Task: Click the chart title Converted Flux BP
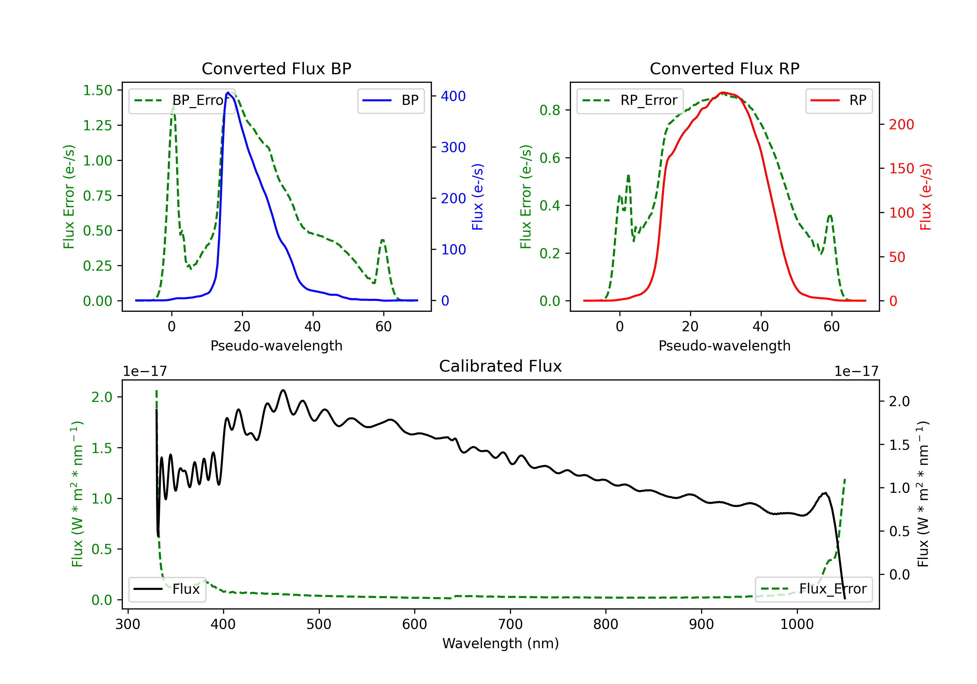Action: [276, 68]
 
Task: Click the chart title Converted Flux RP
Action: [724, 68]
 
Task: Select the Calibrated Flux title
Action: [501, 366]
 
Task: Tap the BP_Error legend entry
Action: [182, 100]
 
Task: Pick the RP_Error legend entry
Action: [630, 100]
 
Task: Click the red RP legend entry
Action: [839, 100]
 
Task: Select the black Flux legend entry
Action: [167, 589]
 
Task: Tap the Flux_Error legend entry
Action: [813, 589]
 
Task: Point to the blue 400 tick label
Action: [453, 96]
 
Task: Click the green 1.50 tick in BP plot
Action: [97, 90]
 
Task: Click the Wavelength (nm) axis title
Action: [501, 644]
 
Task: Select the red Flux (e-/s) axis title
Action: [926, 197]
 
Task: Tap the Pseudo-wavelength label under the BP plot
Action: [276, 346]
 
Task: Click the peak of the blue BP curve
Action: [228, 93]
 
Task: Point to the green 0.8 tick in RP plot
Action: [549, 110]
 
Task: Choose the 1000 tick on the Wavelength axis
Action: [797, 624]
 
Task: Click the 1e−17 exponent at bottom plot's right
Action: [856, 371]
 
